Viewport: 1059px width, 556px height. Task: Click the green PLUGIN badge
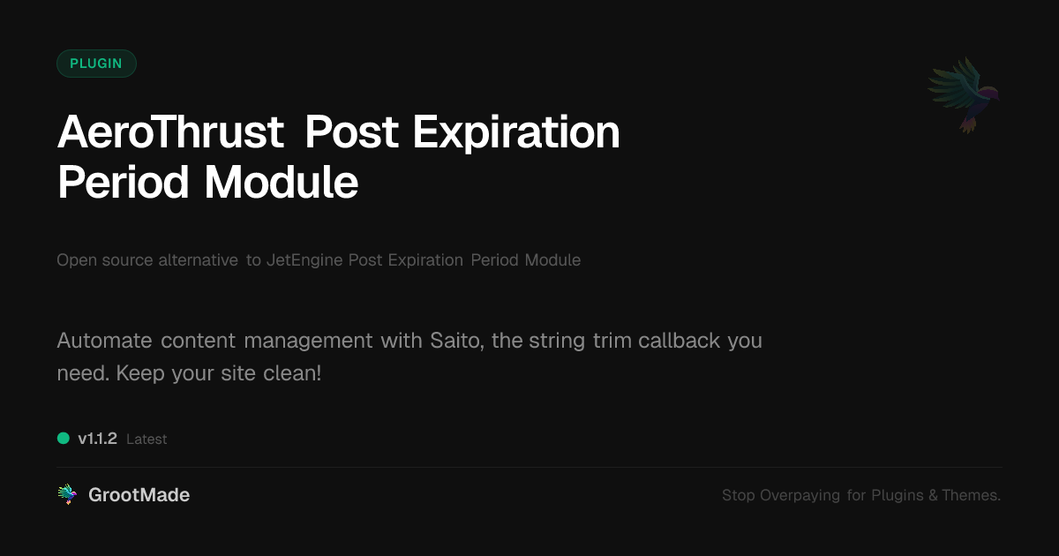[96, 64]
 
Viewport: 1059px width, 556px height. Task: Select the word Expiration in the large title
[516, 134]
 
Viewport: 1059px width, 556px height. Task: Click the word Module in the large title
[282, 183]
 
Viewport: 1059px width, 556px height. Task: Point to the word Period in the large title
[124, 183]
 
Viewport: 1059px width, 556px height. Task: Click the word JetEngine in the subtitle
[304, 260]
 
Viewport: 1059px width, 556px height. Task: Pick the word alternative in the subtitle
[198, 260]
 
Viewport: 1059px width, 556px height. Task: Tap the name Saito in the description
[457, 341]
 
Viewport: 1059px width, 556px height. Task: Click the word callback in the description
[679, 341]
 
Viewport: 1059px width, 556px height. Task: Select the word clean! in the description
[292, 373]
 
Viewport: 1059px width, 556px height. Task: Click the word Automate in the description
[104, 341]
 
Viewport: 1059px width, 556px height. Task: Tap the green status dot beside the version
[64, 439]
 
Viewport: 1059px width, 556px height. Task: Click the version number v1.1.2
[97, 439]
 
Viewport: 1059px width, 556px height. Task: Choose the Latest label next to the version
[146, 440]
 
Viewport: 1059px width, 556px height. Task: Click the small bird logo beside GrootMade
[67, 494]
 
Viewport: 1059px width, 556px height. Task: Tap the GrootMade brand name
[139, 495]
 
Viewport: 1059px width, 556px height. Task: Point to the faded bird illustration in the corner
[964, 95]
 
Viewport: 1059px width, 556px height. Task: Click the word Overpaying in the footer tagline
[800, 495]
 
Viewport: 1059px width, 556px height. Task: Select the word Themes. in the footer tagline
[971, 495]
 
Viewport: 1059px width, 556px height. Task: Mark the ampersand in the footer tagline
[933, 495]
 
